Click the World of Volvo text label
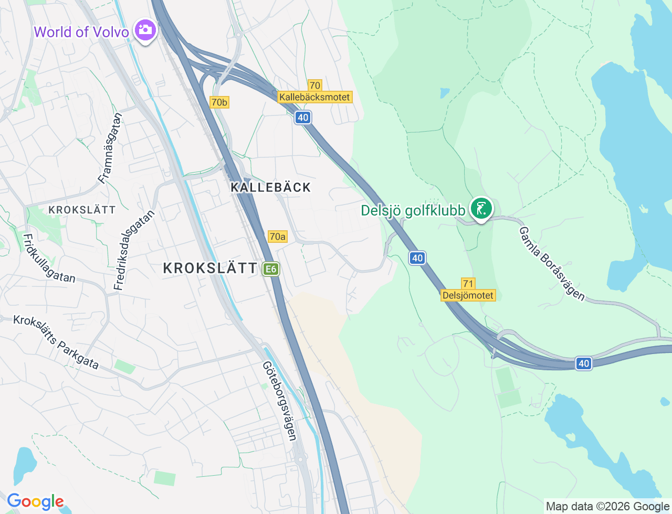81,32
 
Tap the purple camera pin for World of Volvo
144,30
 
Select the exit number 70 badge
314,85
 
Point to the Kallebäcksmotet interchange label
314,97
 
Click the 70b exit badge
219,102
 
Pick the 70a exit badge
277,237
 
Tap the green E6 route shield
271,269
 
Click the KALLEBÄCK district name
271,187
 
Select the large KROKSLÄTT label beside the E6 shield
210,268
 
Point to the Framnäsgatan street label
110,148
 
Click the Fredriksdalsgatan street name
134,250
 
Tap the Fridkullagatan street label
49,258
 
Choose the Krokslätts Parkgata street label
56,342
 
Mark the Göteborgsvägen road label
280,401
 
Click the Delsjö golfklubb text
413,210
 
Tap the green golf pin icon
481,208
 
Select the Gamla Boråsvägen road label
552,264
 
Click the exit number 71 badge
468,284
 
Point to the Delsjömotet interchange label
468,295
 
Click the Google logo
35,501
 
